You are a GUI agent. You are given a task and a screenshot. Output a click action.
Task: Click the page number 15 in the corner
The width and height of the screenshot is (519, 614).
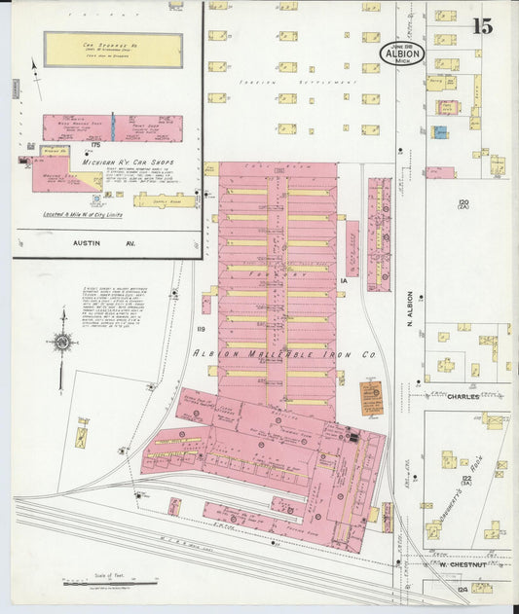coord(481,26)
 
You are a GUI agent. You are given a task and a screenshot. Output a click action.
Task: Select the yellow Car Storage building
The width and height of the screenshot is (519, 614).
coord(113,50)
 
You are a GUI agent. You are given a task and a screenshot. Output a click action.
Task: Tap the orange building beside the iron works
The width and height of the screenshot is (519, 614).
coord(371,396)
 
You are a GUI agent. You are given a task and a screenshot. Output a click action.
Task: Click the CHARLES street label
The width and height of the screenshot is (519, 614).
coord(464,397)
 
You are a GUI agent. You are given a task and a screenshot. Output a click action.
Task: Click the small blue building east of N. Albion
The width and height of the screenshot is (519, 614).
coord(440,131)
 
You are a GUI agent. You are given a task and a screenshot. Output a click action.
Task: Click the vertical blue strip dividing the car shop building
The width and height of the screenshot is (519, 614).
coord(113,127)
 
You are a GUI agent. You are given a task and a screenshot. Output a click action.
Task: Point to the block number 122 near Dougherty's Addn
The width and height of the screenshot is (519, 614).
coord(465,478)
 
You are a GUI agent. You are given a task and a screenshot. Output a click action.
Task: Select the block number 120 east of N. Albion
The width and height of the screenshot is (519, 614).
coord(463,203)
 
